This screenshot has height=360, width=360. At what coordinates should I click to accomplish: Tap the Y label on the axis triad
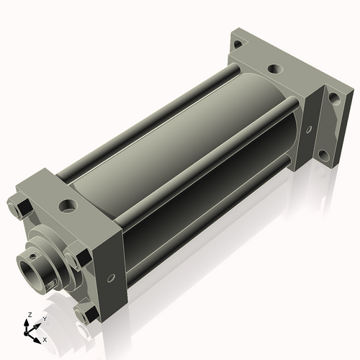[x=44, y=318]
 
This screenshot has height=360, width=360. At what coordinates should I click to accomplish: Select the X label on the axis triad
[x=45, y=338]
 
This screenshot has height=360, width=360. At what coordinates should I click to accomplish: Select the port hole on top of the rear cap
[x=274, y=70]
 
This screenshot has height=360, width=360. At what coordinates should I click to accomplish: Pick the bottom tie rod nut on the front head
[x=85, y=313]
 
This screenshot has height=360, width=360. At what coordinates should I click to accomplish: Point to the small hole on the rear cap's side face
[x=309, y=130]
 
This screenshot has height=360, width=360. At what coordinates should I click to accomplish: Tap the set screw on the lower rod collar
[x=49, y=286]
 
